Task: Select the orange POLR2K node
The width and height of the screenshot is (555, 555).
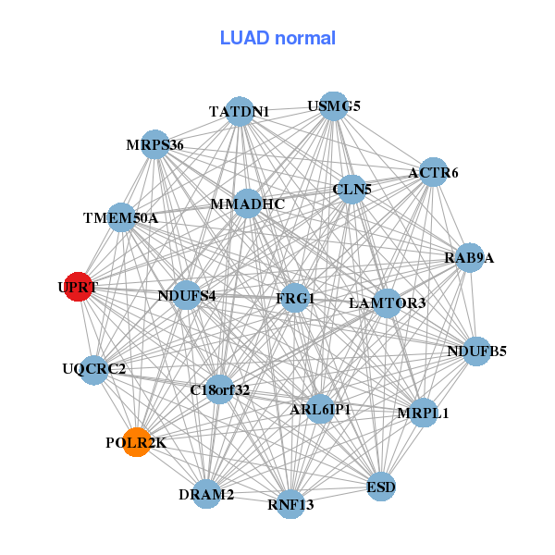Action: pos(137,442)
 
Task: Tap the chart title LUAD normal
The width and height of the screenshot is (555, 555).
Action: pos(277,38)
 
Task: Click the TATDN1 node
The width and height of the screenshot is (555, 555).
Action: pos(240,111)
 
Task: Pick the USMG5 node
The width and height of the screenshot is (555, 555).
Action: pos(333,106)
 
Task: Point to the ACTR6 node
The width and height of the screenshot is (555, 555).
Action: pos(433,172)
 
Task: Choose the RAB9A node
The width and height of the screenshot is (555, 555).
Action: pos(470,257)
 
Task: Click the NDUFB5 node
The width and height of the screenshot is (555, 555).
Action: pos(476,351)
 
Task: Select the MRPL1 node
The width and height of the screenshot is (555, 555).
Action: pos(423,413)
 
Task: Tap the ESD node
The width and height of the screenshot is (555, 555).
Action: pos(381,486)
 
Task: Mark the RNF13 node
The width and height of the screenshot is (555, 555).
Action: pos(291,504)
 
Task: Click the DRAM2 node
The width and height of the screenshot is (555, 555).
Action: pos(207,494)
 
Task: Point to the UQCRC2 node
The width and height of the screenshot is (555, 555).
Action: pos(94,369)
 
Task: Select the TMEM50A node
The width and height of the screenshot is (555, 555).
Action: pos(121,218)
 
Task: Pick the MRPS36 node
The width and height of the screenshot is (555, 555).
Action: pos(155,145)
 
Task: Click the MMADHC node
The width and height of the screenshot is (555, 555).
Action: pos(247,203)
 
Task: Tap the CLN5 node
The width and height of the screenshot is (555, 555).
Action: pos(351,190)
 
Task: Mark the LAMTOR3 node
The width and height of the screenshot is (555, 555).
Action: pos(387,302)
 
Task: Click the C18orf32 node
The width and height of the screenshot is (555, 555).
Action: pos(220,389)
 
